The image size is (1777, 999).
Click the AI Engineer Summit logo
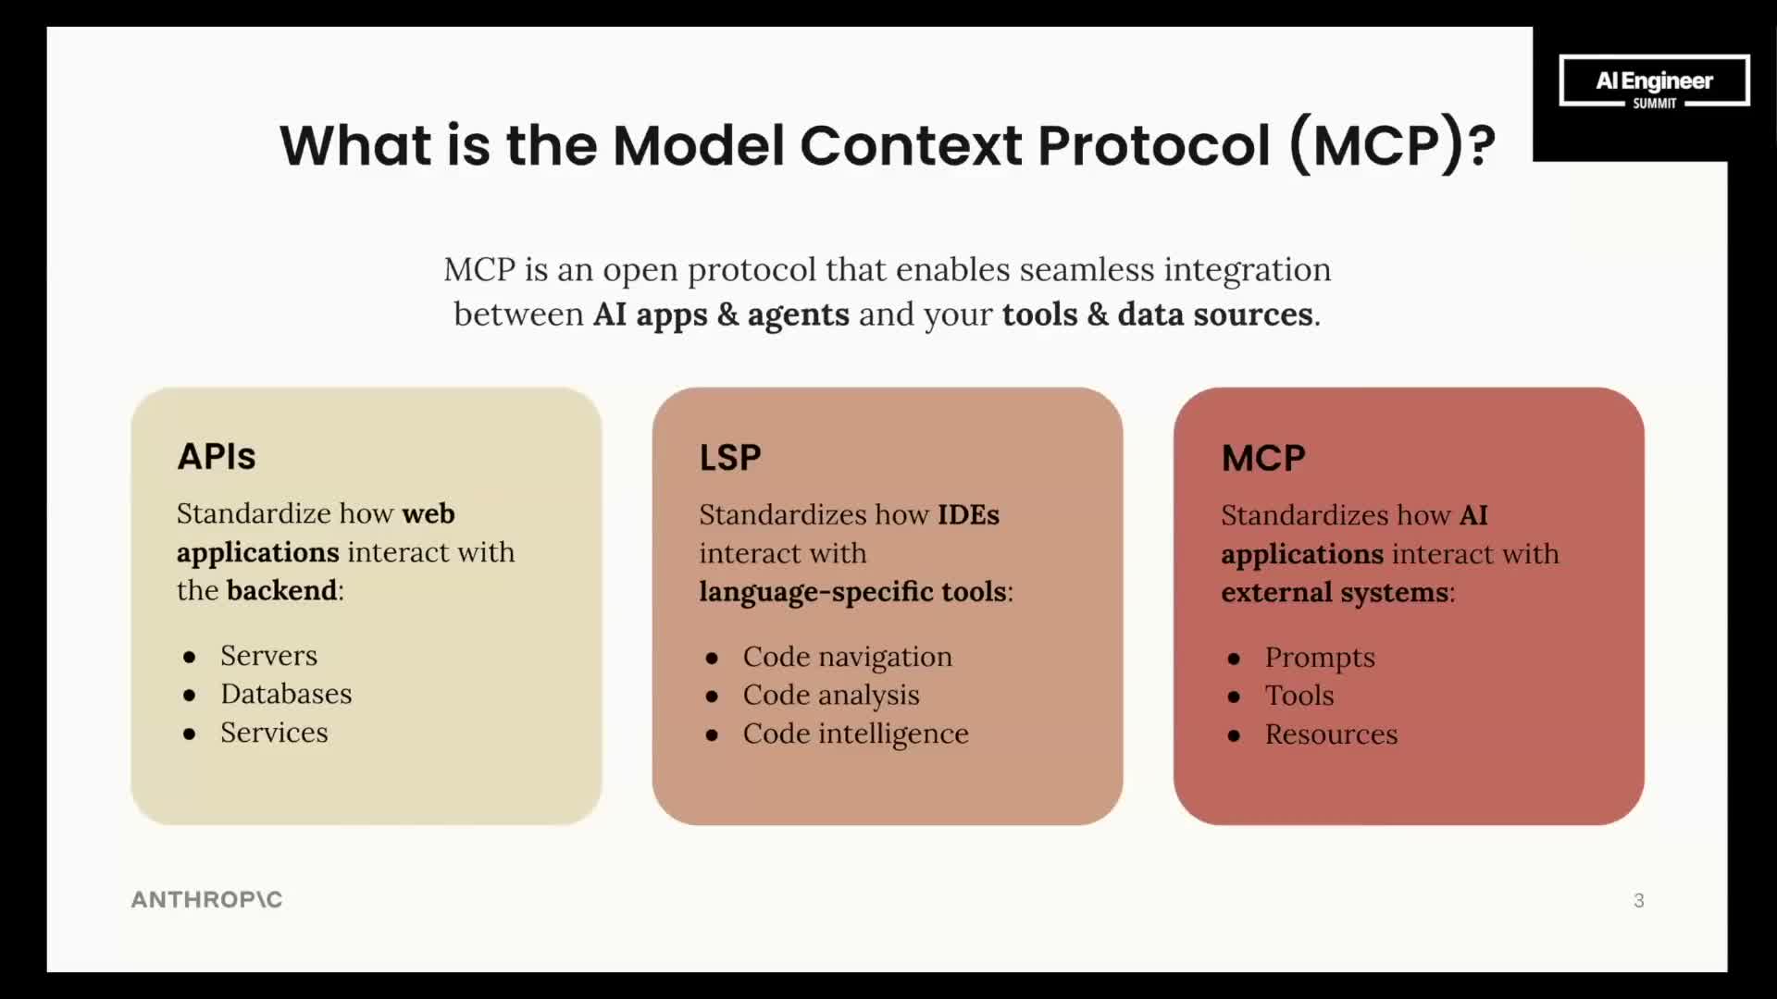pos(1654,81)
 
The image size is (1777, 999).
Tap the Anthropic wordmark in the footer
pos(206,899)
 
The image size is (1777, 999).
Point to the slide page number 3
pos(1638,901)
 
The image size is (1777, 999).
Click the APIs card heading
pos(217,457)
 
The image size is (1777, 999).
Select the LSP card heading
pos(730,458)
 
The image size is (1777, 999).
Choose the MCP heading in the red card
pos(1263,459)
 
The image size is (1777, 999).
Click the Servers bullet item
pos(268,656)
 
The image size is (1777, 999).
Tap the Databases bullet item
pos(286,694)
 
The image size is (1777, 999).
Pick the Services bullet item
pos(274,733)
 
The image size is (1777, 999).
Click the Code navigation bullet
pos(847,657)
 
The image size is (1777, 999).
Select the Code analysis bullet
pos(831,695)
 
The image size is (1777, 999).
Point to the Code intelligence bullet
pos(855,734)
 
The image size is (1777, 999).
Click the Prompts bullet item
pos(1320,658)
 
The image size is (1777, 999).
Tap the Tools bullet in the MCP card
pos(1299,696)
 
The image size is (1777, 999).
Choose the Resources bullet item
pos(1331,734)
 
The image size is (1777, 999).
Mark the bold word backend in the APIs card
pos(282,590)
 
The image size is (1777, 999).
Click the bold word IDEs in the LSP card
pos(968,514)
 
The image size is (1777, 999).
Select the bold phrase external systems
pos(1335,592)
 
